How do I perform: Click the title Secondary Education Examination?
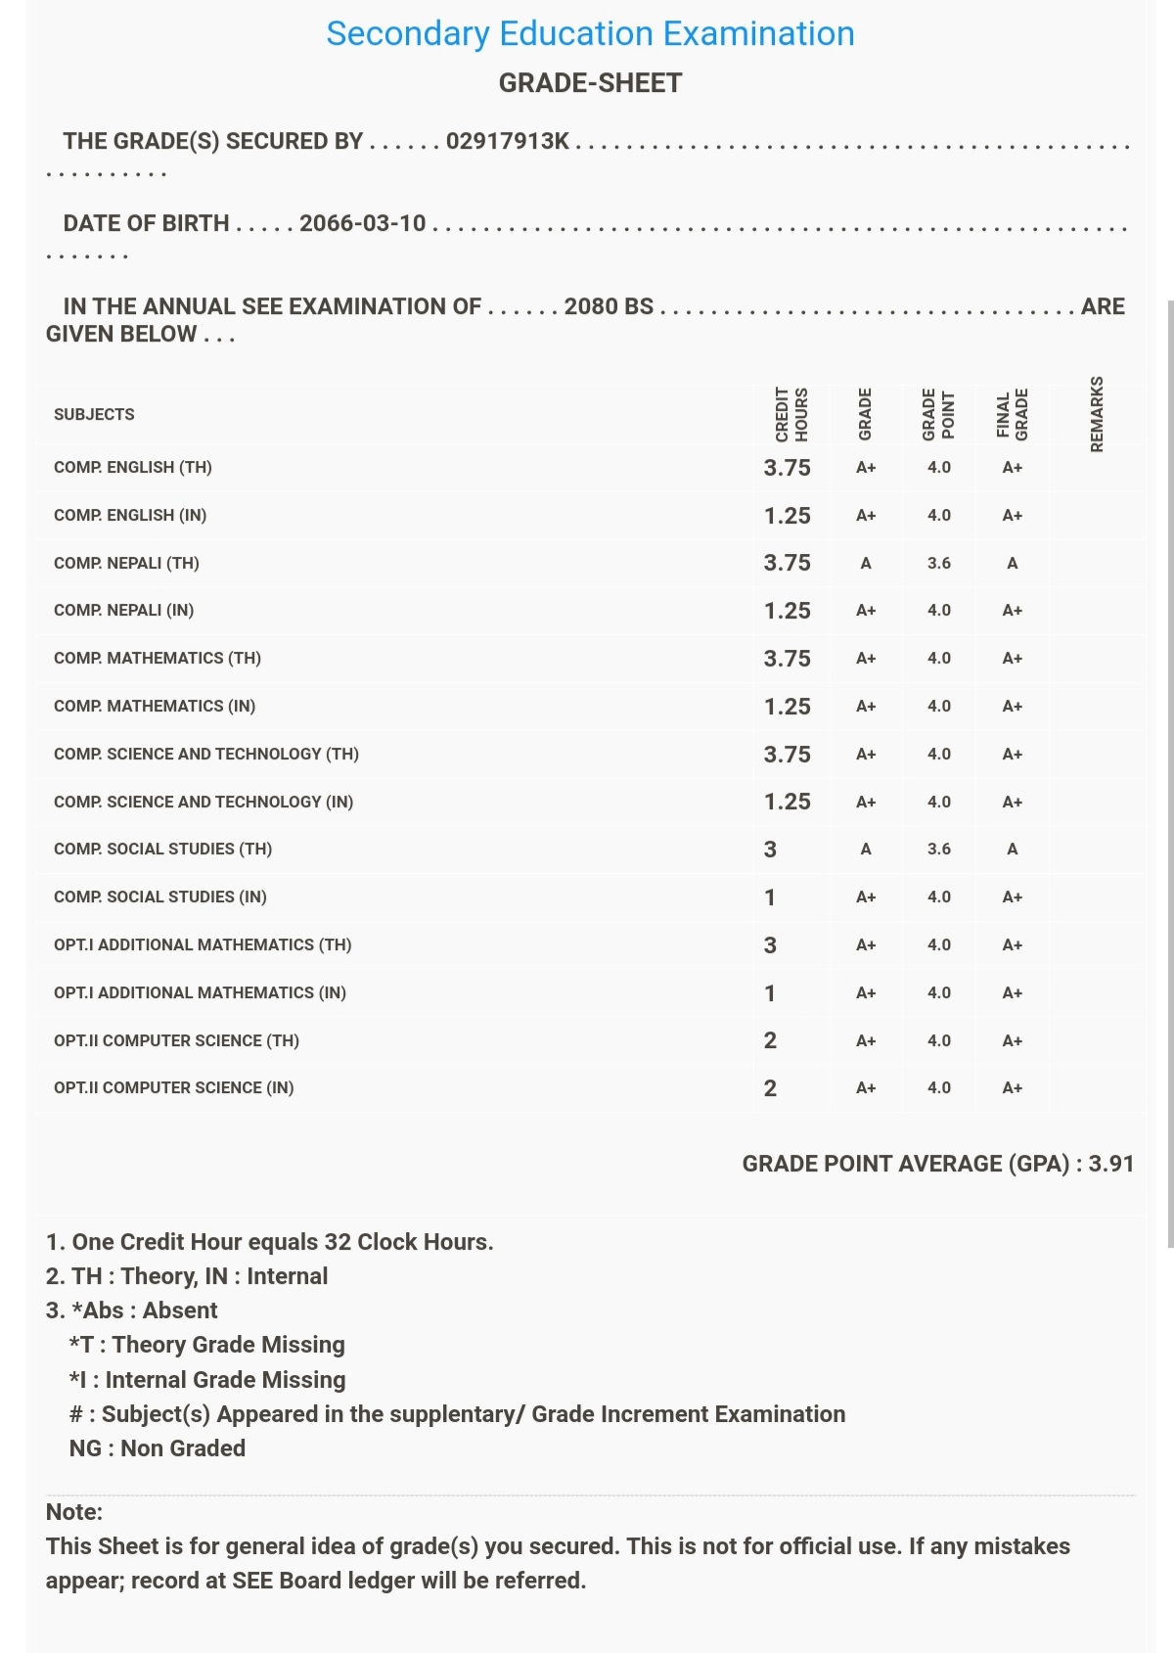590,34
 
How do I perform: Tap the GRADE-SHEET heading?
590,83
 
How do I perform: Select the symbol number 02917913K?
507,141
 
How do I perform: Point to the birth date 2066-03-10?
362,223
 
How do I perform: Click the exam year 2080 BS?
609,306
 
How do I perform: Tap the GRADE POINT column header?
938,415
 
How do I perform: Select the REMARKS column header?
1097,414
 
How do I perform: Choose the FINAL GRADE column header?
1012,415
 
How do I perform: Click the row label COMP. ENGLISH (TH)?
133,468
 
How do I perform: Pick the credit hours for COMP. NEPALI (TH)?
787,563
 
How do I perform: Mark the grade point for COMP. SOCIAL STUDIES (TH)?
938,849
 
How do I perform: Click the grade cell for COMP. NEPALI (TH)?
865,564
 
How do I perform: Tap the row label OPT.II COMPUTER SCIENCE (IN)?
174,1088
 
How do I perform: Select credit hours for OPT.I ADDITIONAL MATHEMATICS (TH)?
770,945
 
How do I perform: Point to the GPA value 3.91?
1110,1164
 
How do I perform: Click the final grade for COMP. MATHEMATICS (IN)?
1012,707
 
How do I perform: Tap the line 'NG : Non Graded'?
157,1448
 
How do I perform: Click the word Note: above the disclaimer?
74,1512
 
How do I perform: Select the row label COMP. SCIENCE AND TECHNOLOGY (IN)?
203,802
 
